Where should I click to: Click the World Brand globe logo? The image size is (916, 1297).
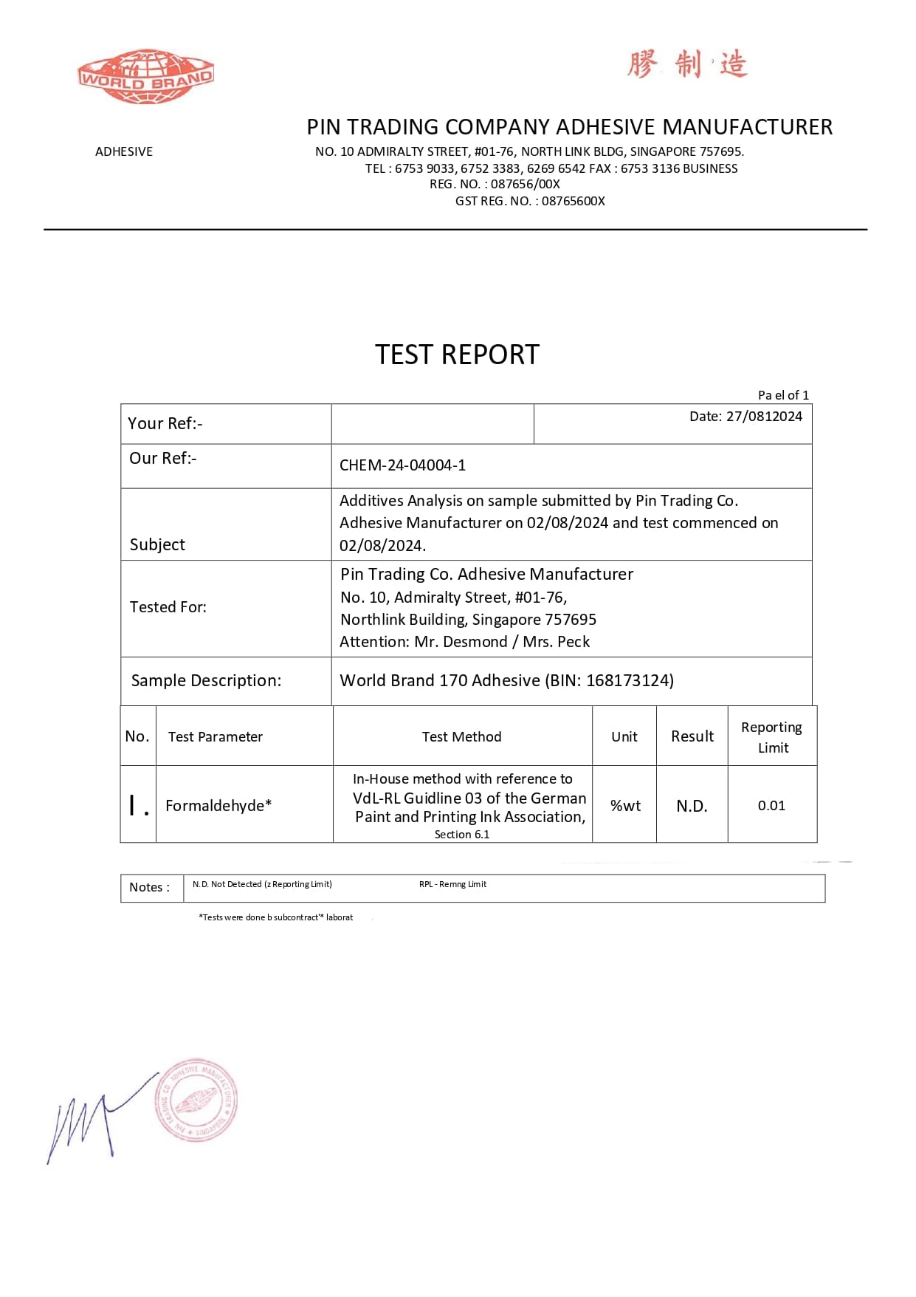tap(145, 77)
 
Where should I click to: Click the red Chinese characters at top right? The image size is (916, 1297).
tap(687, 64)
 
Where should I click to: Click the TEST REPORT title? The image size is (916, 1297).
tap(457, 355)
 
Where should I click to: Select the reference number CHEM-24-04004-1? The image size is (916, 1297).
tap(402, 465)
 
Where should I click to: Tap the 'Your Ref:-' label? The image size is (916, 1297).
tap(165, 423)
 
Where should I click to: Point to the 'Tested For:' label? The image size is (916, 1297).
tap(168, 607)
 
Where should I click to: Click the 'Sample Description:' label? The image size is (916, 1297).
tap(206, 680)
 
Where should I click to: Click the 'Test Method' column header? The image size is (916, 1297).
tap(461, 736)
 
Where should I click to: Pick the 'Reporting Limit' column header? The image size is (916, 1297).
tap(772, 737)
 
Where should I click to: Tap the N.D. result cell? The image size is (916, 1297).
tap(692, 806)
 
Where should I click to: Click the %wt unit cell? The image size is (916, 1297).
tap(625, 806)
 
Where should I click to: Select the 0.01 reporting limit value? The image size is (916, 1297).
tap(771, 806)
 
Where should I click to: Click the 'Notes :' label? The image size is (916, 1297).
tap(149, 887)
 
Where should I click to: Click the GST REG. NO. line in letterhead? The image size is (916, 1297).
tap(530, 201)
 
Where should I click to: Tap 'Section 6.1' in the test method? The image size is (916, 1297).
tap(461, 835)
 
